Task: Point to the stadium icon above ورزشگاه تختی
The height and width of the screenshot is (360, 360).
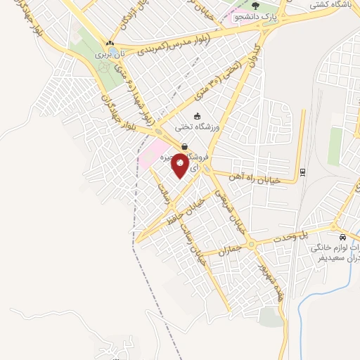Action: [197, 116]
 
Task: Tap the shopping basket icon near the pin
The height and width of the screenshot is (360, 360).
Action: [184, 146]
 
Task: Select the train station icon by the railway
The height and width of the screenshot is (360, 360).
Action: [302, 172]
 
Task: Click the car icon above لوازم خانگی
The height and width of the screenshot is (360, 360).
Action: [342, 238]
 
